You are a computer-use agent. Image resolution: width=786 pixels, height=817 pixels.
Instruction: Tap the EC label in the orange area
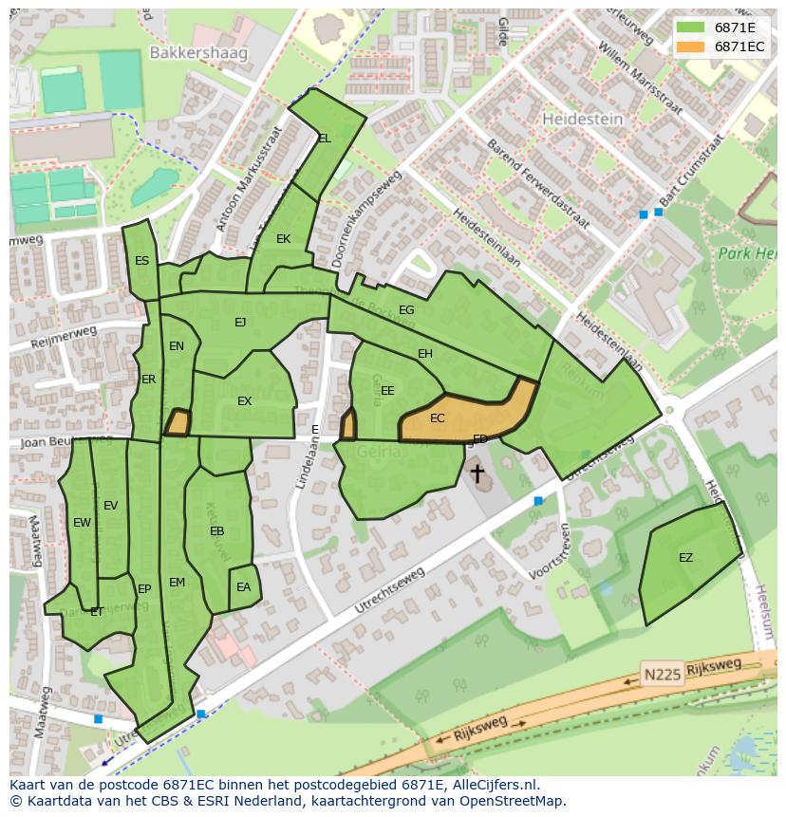point(437,418)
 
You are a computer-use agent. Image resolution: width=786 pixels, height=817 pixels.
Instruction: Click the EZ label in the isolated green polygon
point(685,558)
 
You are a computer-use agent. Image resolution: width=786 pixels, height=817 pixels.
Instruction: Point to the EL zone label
point(325,139)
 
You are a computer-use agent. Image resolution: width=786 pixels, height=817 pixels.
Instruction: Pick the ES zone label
point(141,261)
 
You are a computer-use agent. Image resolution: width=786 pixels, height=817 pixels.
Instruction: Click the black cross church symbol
point(477,472)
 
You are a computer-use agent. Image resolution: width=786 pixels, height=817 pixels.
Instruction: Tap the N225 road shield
point(661,674)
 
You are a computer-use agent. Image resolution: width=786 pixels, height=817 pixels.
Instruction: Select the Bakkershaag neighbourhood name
point(197,53)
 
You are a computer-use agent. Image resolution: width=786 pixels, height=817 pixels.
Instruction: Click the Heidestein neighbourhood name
point(582,120)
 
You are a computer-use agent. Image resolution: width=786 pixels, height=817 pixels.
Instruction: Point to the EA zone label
point(243,587)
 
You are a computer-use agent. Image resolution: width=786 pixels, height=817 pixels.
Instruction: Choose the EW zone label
point(82,523)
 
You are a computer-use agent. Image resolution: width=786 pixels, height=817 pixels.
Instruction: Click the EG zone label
point(406,310)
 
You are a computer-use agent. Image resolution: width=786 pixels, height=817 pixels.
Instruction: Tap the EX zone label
point(244,401)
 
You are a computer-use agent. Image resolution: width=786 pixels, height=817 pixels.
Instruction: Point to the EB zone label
point(216,531)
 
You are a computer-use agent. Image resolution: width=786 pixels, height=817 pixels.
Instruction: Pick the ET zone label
point(96,613)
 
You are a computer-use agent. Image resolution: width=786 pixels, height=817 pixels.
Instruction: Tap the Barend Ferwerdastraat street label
point(537,186)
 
